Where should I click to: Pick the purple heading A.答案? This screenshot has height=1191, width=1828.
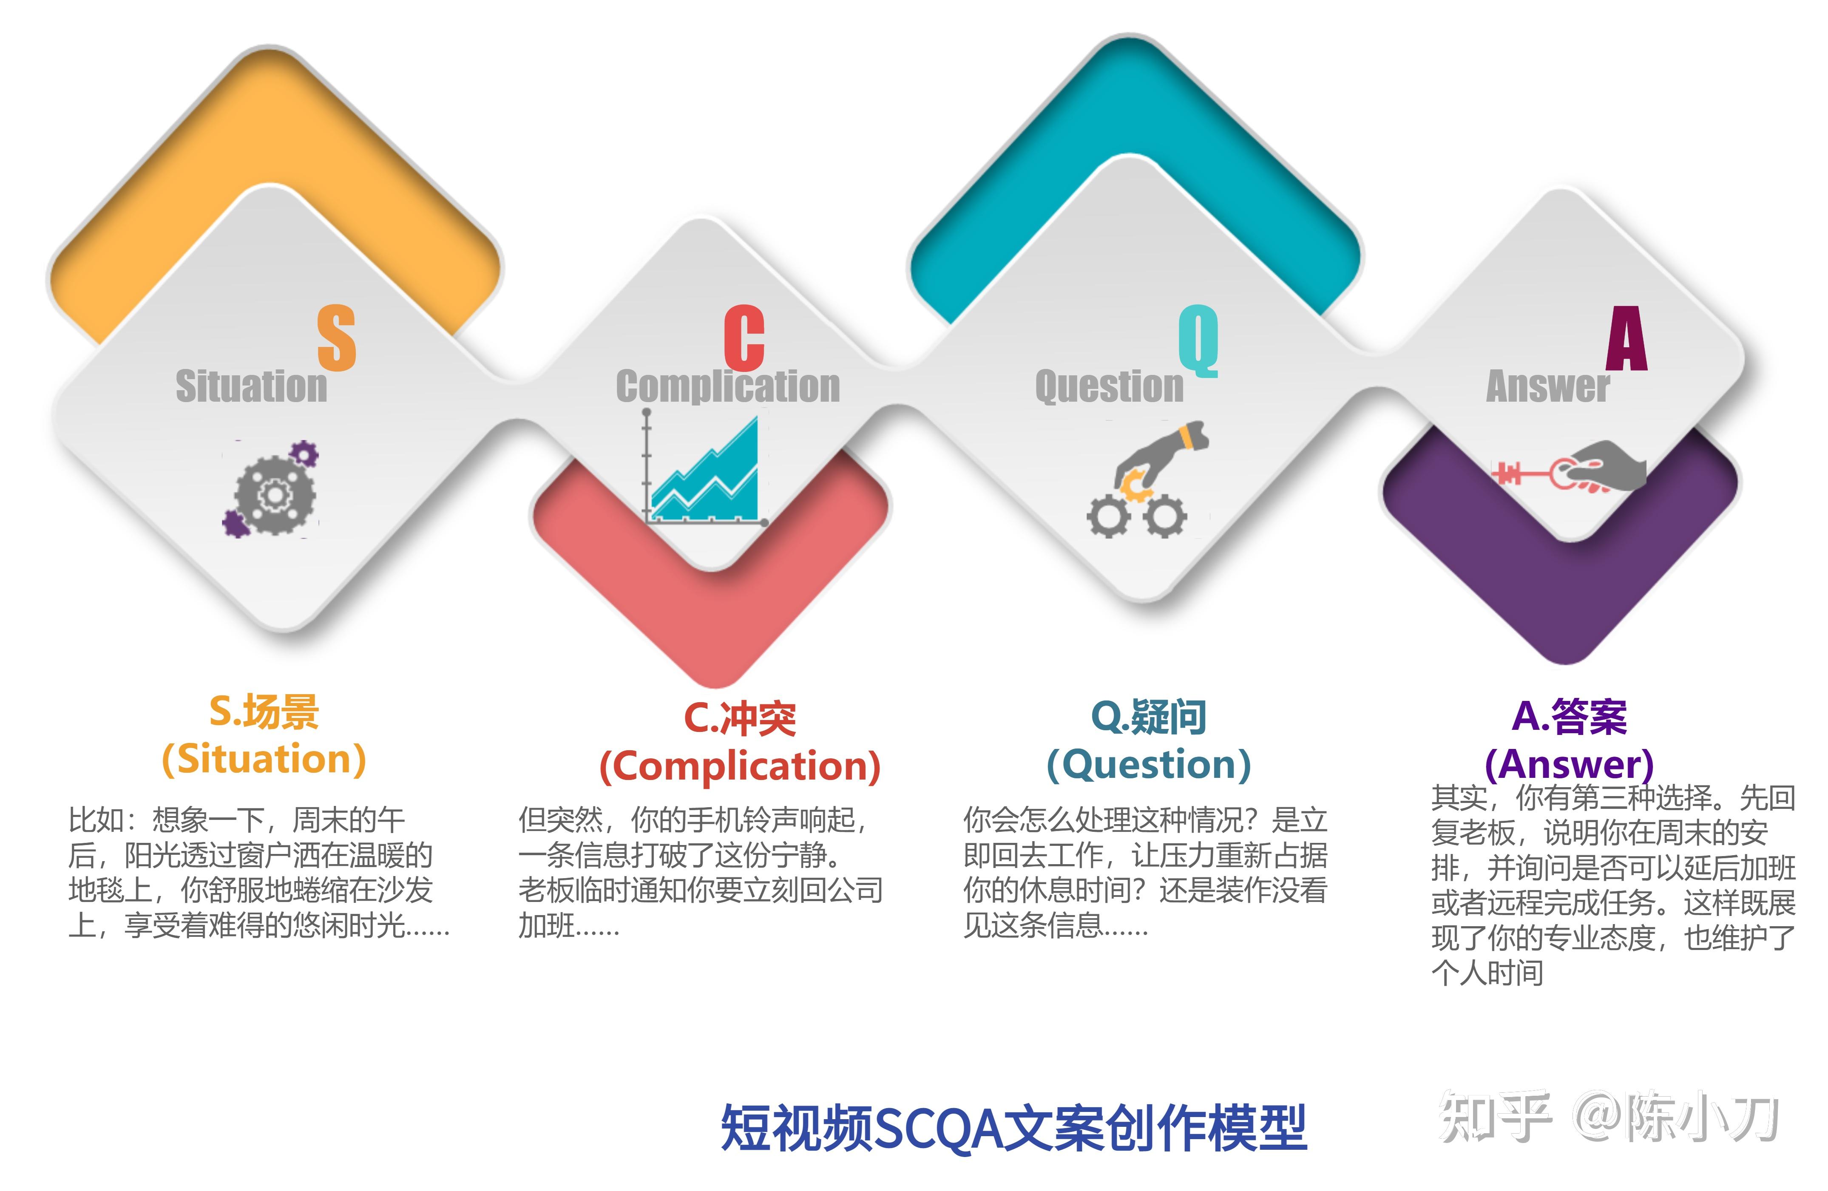(1569, 717)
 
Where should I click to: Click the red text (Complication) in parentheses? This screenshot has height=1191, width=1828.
(740, 766)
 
